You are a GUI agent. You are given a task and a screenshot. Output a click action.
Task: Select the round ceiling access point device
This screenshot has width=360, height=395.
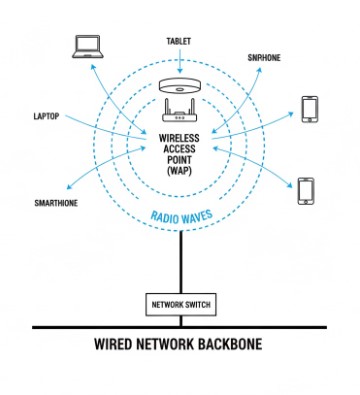click(179, 86)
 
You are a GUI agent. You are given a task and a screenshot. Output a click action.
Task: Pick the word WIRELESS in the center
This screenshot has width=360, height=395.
click(179, 135)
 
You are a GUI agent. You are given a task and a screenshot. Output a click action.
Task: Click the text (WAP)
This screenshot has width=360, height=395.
click(179, 171)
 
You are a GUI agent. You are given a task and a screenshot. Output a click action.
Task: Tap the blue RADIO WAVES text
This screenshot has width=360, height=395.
click(179, 214)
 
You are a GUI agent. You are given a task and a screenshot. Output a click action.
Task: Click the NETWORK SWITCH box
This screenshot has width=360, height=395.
click(179, 303)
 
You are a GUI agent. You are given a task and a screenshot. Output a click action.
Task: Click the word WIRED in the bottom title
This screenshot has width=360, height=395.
click(118, 349)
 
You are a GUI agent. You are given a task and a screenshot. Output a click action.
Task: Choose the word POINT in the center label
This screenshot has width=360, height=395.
click(179, 159)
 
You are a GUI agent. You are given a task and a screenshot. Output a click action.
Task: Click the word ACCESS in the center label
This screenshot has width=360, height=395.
click(179, 147)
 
